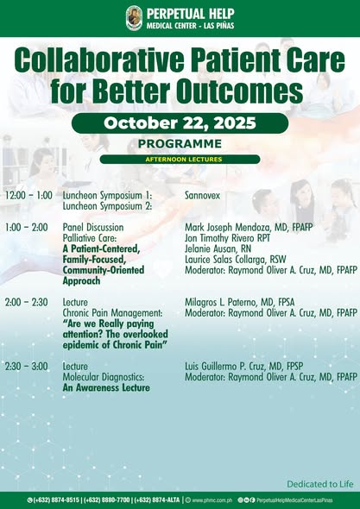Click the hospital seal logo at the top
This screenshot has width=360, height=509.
[134, 17]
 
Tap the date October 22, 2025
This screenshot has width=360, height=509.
[180, 123]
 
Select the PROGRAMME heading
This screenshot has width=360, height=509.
[180, 144]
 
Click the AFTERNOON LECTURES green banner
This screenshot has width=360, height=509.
[180, 160]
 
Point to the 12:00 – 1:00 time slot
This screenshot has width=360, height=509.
[28, 197]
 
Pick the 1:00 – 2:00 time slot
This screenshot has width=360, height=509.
[27, 228]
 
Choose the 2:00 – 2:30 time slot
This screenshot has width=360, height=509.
[27, 302]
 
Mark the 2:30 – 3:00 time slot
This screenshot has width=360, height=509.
[27, 367]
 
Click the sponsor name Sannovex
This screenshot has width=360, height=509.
[206, 197]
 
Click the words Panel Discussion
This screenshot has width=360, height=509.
[93, 228]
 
